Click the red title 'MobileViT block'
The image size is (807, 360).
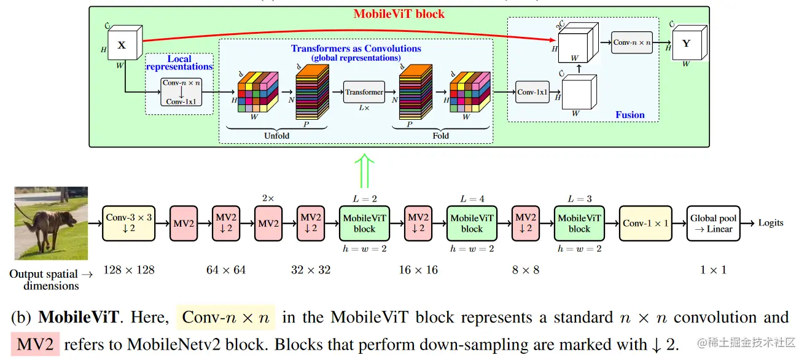399,14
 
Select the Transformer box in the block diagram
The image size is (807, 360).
364,92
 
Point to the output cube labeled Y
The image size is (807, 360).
687,44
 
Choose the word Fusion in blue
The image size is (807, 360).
630,115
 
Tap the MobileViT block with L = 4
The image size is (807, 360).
472,223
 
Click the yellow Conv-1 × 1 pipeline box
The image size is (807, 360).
645,223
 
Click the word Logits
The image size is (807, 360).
771,223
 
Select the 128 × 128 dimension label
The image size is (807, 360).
129,270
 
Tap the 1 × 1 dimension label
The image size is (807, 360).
713,270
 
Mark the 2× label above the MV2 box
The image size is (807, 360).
268,198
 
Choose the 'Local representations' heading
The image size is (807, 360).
179,63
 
